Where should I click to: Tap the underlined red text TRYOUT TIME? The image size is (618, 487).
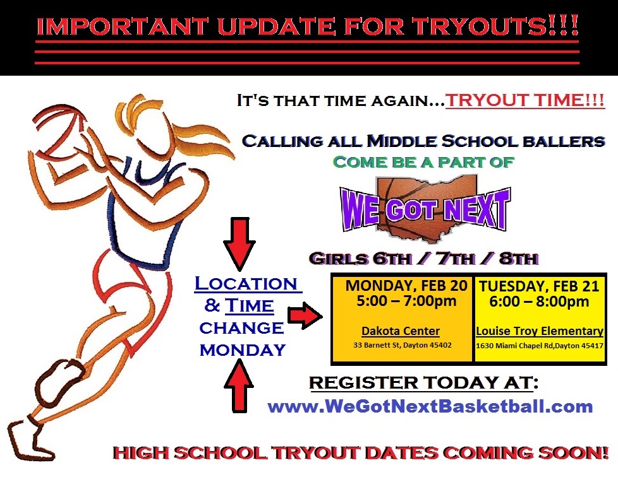(x=525, y=100)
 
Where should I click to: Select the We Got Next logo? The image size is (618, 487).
(x=425, y=208)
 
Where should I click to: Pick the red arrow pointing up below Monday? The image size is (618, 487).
(x=238, y=386)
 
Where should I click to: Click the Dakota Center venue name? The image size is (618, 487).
(x=401, y=331)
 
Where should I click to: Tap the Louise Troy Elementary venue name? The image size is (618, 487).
(x=540, y=331)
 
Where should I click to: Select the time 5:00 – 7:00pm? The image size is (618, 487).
(x=406, y=302)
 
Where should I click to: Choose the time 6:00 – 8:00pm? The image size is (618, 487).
(x=539, y=302)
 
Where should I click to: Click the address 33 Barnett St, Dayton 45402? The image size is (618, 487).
(x=403, y=346)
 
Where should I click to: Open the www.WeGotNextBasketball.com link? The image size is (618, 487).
(x=430, y=406)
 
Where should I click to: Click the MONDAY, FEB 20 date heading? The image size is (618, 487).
(x=406, y=286)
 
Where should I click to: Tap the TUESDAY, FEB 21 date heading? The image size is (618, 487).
(x=539, y=286)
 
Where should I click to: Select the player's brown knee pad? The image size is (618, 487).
(x=59, y=380)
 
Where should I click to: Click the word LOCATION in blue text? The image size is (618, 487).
(x=246, y=284)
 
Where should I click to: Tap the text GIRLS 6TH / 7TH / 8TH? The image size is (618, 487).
(x=424, y=259)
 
